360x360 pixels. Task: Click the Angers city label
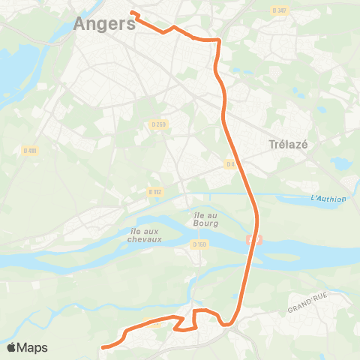[x=104, y=23]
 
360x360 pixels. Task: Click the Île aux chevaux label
[x=145, y=235]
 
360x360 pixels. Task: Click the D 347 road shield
[x=279, y=10]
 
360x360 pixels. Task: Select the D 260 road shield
[x=157, y=124]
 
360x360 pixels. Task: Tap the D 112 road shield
[x=155, y=192]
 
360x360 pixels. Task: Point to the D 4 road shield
[x=230, y=163]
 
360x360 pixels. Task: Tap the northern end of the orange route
[x=132, y=12]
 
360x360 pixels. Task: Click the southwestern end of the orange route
[x=103, y=347]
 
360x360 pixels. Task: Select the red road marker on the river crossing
[x=253, y=240]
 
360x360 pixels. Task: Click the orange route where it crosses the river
[x=250, y=255]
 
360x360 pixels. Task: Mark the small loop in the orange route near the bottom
[x=186, y=322]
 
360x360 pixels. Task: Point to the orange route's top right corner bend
[x=217, y=39]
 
